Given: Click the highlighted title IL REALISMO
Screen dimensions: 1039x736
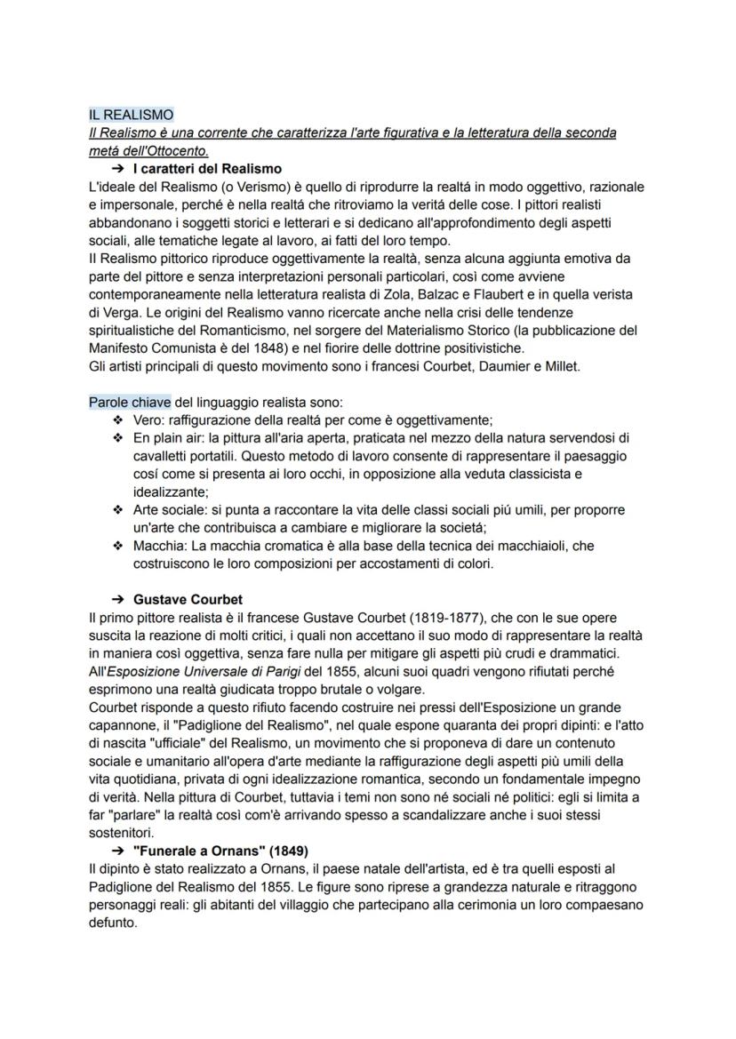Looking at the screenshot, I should pos(131,115).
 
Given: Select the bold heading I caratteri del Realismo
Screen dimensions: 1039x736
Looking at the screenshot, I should pos(207,168).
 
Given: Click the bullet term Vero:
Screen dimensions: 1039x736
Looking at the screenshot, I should pos(149,420).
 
